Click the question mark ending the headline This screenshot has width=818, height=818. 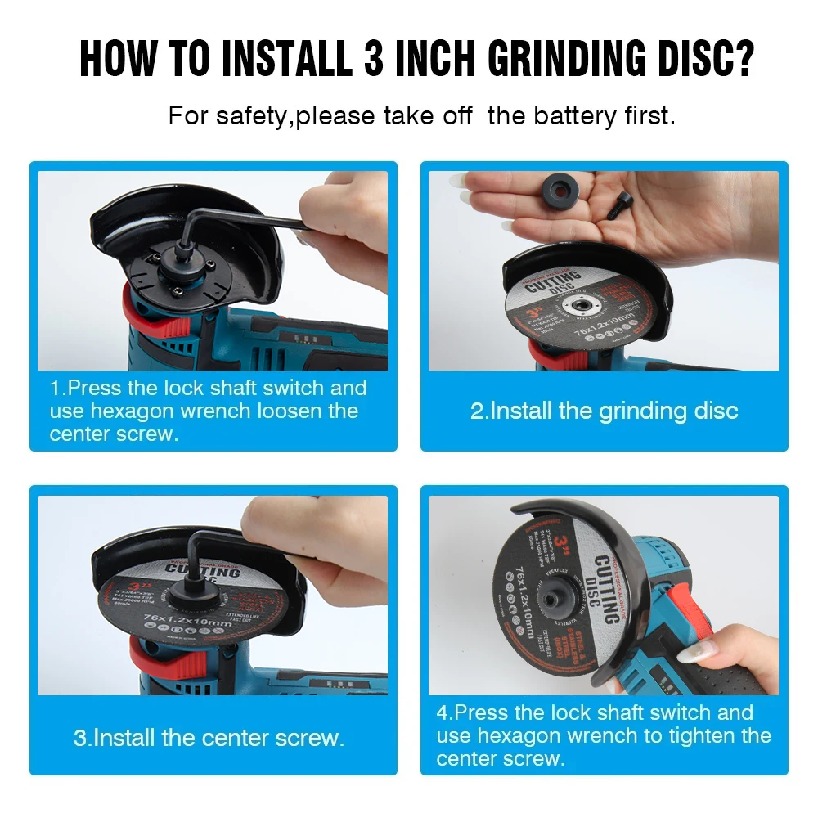pos(741,58)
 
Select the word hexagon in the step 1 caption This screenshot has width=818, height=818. pos(125,411)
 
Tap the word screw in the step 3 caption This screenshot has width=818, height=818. pos(302,738)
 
